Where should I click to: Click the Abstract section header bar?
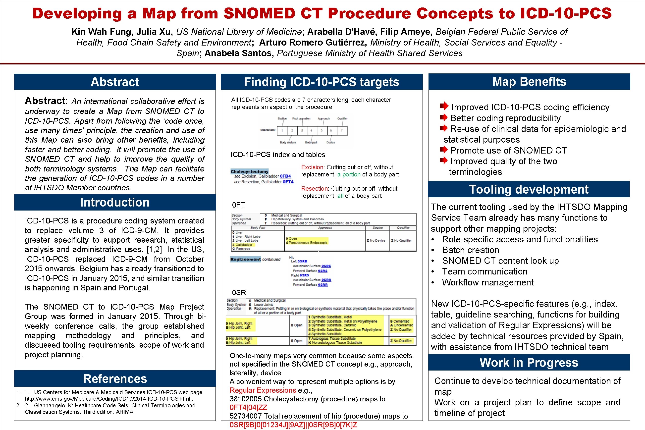(x=115, y=82)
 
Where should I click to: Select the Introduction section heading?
(x=115, y=202)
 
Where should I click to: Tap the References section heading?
(x=115, y=379)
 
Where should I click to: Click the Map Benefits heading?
(x=529, y=82)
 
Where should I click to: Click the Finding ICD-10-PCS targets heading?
(x=322, y=82)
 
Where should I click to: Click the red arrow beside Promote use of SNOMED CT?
(x=443, y=150)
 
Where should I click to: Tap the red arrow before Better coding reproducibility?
(x=443, y=118)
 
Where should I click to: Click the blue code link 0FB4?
(x=285, y=176)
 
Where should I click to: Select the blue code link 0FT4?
(x=288, y=182)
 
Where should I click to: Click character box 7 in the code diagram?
(x=342, y=131)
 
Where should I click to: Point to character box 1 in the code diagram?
(x=282, y=131)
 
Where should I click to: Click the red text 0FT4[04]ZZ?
(x=248, y=408)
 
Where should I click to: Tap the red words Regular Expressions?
(x=263, y=390)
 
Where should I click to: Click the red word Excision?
(x=312, y=167)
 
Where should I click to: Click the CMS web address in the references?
(x=107, y=399)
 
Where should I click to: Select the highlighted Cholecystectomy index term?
(x=250, y=171)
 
